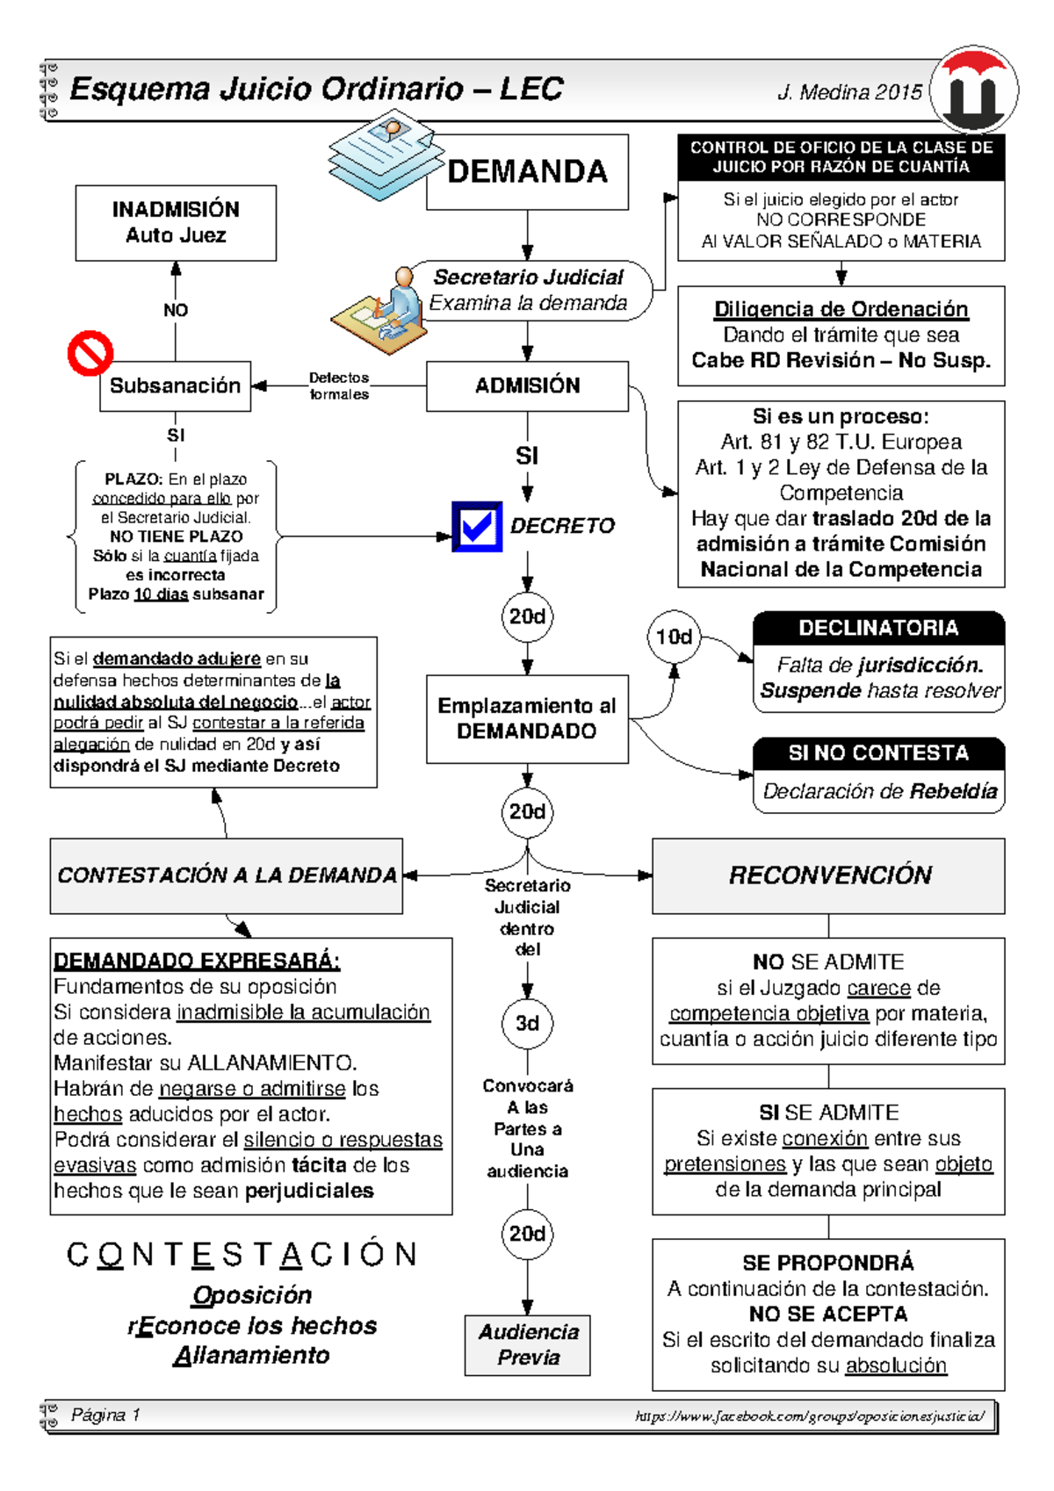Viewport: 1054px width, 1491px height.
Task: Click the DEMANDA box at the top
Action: pos(527,171)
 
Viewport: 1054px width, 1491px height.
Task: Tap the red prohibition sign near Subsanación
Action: pos(90,353)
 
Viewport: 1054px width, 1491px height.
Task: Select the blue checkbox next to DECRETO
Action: pos(477,526)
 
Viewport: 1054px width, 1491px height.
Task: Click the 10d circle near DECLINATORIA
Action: pos(674,637)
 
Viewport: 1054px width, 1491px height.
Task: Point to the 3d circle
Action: pos(527,1023)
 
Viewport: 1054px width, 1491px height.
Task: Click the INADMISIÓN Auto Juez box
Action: pos(176,222)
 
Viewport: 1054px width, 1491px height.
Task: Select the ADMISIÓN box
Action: pos(527,385)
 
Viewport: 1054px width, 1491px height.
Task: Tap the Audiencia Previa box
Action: pos(527,1344)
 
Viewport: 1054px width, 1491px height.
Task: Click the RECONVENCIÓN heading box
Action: pos(828,875)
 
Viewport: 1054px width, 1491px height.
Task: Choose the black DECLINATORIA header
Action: pos(878,628)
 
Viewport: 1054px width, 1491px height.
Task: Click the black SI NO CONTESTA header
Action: pos(878,753)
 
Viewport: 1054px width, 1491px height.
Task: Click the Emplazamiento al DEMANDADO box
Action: pos(527,718)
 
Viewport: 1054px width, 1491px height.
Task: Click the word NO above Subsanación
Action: pos(176,310)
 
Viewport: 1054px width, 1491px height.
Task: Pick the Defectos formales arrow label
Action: pos(339,385)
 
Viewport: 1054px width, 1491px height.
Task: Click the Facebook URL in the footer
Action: pos(809,1415)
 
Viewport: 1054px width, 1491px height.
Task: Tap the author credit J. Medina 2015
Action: pos(849,92)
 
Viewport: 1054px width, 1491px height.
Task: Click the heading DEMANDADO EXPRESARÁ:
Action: pos(197,960)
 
